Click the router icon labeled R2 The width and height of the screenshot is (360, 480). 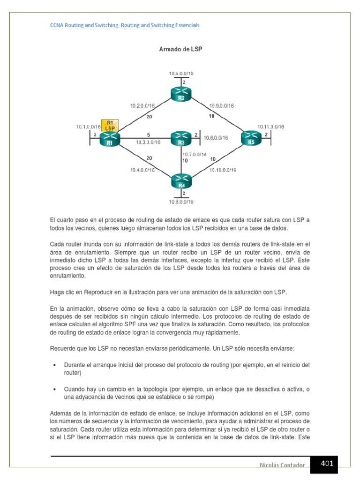181,95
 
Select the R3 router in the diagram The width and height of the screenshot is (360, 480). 181,138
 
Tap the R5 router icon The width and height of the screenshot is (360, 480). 251,138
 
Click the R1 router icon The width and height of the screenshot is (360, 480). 111,139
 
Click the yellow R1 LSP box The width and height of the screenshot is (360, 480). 110,125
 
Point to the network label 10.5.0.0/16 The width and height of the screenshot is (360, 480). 181,74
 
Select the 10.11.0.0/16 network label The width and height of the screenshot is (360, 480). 270,127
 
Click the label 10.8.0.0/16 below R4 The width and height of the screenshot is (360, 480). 181,202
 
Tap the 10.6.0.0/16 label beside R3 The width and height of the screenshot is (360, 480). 216,138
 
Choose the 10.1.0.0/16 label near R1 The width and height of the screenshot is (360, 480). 89,127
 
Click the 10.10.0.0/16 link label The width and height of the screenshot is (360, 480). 223,170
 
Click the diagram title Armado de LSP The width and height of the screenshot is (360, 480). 181,49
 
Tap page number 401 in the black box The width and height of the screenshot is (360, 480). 327,464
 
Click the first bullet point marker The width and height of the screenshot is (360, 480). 55,365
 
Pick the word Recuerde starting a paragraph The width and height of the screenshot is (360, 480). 62,348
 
